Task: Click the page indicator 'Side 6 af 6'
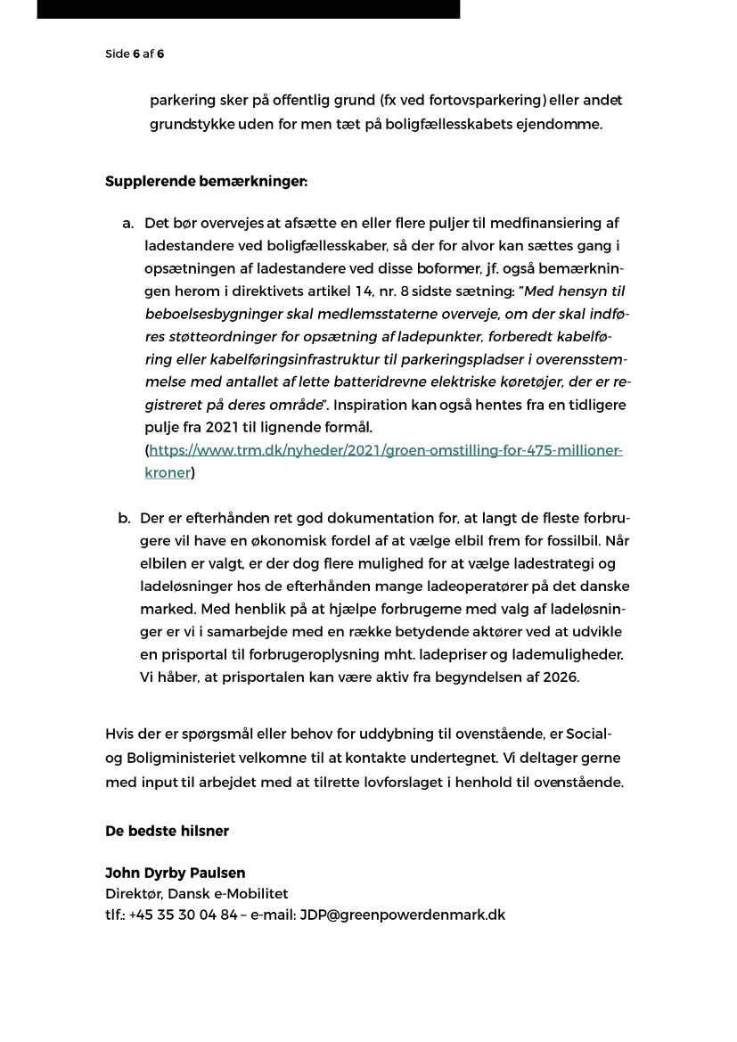135,53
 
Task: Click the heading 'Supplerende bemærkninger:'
206,181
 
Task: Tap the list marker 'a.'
128,223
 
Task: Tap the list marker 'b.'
124,518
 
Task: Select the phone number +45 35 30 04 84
184,915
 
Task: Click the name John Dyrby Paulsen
175,873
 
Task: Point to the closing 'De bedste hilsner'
167,831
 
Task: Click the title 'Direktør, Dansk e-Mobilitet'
196,893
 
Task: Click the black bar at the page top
248,9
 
